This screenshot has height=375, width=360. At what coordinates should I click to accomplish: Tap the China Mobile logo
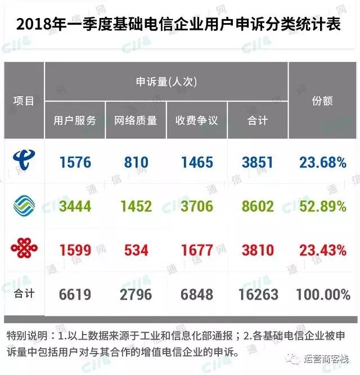pos(24,206)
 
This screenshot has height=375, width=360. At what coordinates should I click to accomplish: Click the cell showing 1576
pos(75,163)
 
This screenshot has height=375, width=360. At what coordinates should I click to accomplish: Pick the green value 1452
pos(136,206)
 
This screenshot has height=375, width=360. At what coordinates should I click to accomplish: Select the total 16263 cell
pos(257,293)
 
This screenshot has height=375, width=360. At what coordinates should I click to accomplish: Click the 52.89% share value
pos(323,206)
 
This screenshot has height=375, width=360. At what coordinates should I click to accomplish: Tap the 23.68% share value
pos(323,163)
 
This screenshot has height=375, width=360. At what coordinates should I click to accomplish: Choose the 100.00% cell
pos(323,293)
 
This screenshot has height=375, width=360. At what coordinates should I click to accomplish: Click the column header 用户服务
pos(75,120)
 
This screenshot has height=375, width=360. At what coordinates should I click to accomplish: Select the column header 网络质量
pos(136,120)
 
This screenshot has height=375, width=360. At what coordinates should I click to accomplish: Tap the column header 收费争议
pos(196,120)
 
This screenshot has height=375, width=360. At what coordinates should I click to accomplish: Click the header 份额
pos(322,101)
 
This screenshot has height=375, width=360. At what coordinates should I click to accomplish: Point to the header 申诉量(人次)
pos(166,82)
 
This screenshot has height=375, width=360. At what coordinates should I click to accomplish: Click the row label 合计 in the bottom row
pos(24,293)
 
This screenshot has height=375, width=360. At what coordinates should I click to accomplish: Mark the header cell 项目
pos(24,101)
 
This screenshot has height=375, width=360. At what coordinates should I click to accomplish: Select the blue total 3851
pos(257,163)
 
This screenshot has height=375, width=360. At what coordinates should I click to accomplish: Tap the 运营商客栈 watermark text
pos(328,358)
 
